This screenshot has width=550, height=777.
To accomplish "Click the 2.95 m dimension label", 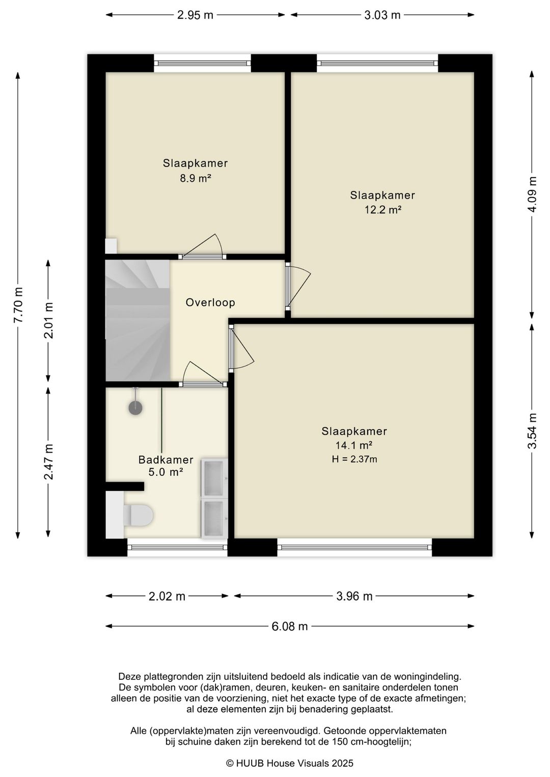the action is pos(195,15).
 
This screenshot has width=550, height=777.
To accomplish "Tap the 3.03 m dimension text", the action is pos(382,15).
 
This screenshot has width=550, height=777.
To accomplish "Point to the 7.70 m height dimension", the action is pos(18,305).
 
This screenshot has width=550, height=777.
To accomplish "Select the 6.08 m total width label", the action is pos(289,626).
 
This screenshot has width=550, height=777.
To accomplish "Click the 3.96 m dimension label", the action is pos(354,596).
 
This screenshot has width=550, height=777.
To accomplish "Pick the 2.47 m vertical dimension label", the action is pos(48,462).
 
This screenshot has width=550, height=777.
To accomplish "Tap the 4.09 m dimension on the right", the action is pos(532,195).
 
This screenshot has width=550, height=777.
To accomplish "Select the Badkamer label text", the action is pos(166,460).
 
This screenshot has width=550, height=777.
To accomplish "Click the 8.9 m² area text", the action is pos(196,178).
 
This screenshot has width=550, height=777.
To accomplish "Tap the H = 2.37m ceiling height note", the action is pos(354,459).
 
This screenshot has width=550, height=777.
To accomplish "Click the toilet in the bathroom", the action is pos(138,515).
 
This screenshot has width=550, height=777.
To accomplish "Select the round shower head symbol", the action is pos(135,408).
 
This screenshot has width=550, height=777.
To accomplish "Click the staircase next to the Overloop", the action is pos(138,320).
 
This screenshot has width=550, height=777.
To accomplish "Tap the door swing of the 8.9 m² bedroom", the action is pos(202,246).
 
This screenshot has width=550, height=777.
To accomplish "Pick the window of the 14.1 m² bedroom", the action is pos(354,547).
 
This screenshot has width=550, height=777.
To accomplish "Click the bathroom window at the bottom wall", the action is pos(177,547).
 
